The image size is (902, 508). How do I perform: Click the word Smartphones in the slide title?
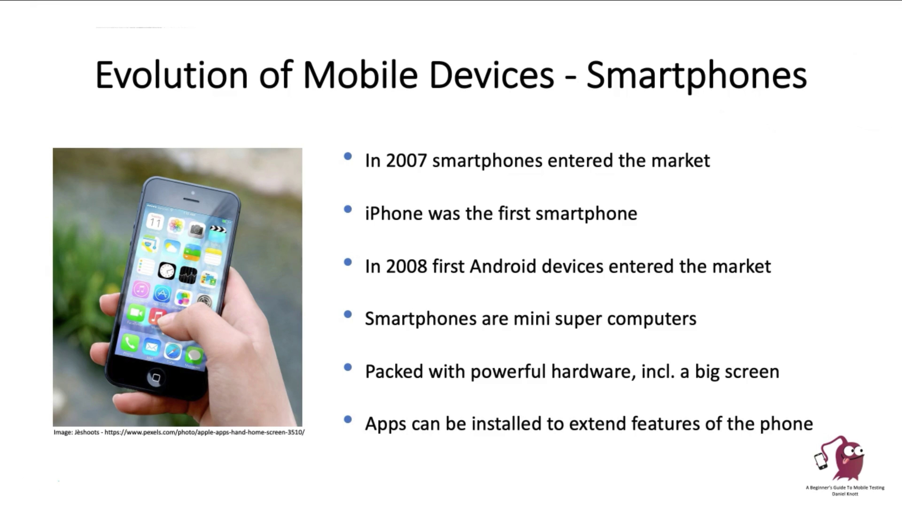coord(696,75)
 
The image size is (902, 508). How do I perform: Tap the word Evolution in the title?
coord(171,75)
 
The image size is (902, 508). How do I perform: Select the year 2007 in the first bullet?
coord(406,161)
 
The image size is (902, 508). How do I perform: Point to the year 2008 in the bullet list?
coord(406,266)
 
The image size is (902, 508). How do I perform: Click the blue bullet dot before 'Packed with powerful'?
coord(348,367)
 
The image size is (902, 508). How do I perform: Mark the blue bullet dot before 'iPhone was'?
coord(348,209)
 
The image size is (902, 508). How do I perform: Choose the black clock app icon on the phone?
coord(167,271)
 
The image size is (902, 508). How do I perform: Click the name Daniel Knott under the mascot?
coord(845,494)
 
